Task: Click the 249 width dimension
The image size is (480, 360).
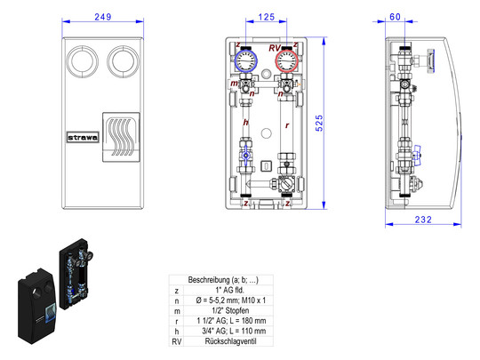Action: coord(103,17)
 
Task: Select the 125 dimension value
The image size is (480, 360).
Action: coord(267,17)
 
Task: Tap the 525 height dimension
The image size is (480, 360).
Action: coord(319,123)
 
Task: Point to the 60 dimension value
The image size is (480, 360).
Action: coord(395,17)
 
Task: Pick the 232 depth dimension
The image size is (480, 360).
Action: coord(423,220)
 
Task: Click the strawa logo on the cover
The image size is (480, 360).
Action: coord(83,138)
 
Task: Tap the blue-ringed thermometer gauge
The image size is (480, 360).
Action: coord(246,60)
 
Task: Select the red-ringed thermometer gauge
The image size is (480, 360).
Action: coord(286,60)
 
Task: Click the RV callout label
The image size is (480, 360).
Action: coord(275,48)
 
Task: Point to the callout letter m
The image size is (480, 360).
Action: coord(234,83)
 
